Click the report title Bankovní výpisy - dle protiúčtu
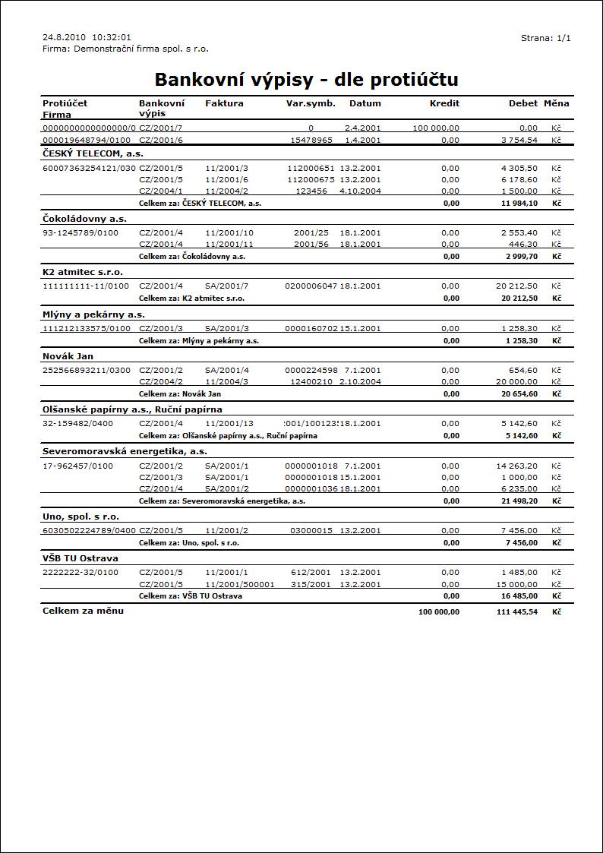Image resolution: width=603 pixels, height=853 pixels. (306, 80)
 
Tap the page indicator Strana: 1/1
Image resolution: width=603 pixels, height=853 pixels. (545, 37)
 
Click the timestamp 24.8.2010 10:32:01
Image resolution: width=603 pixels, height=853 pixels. (87, 36)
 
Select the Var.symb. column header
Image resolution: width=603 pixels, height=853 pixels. (311, 103)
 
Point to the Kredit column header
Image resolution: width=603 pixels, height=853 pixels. (444, 103)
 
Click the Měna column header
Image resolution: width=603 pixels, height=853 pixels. (556, 103)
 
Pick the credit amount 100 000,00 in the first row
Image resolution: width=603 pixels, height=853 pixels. (436, 128)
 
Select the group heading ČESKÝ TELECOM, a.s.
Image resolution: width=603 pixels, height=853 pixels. (93, 153)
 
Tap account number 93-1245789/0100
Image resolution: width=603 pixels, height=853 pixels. (81, 232)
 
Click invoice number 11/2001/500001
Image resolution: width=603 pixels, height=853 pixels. (239, 584)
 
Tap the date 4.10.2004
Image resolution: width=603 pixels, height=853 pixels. (360, 191)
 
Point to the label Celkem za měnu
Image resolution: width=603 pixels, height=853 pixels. (83, 611)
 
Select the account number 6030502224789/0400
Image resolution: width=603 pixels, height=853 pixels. (89, 530)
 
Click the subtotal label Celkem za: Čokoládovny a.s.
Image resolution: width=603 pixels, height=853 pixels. (192, 257)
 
